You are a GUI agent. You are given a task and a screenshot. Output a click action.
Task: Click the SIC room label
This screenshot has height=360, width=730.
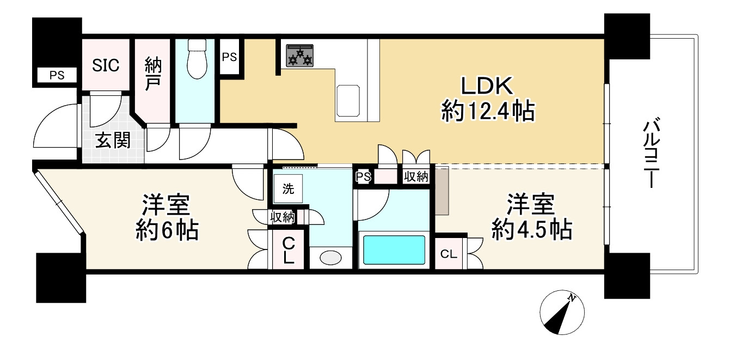pyautogui.click(x=106, y=65)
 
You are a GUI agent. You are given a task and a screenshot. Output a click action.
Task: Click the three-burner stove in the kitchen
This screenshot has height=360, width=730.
pyautogui.click(x=300, y=55)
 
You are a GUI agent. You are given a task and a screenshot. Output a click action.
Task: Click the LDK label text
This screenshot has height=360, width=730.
pyautogui.click(x=487, y=87)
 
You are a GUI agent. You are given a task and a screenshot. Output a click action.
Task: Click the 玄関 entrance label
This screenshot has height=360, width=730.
pyautogui.click(x=113, y=141)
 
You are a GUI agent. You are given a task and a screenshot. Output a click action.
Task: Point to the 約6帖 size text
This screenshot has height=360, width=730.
pyautogui.click(x=166, y=231)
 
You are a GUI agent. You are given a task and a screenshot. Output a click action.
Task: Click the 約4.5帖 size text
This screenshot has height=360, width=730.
pyautogui.click(x=531, y=230)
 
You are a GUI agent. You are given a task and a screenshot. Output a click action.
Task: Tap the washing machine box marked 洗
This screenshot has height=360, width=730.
pyautogui.click(x=287, y=189)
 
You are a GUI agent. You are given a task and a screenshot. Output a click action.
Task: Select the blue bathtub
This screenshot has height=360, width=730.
pyautogui.click(x=394, y=249)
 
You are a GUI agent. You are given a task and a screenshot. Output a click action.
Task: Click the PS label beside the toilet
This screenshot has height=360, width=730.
pyautogui.click(x=229, y=57)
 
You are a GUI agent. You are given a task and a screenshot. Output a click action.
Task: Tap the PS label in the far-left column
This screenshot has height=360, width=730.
pyautogui.click(x=57, y=76)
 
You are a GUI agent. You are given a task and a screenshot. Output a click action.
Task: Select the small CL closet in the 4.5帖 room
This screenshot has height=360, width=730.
pyautogui.click(x=448, y=254)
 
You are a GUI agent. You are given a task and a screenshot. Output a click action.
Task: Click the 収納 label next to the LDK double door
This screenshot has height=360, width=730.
pyautogui.click(x=416, y=176)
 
